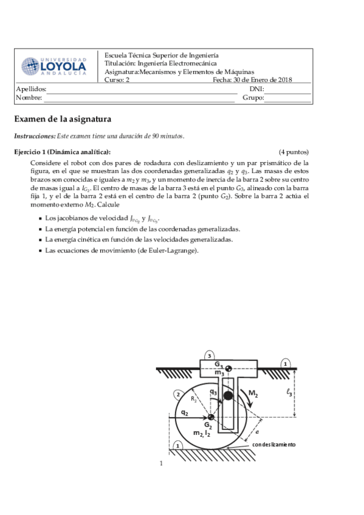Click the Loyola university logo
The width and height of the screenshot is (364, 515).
point(54,66)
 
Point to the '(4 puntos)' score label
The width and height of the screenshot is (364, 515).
point(294,152)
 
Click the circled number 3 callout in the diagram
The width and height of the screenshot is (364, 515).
point(209,355)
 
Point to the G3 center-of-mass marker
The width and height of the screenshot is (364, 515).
point(228,368)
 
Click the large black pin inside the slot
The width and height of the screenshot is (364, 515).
point(228,396)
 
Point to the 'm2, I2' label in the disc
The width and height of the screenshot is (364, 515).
point(201,433)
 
